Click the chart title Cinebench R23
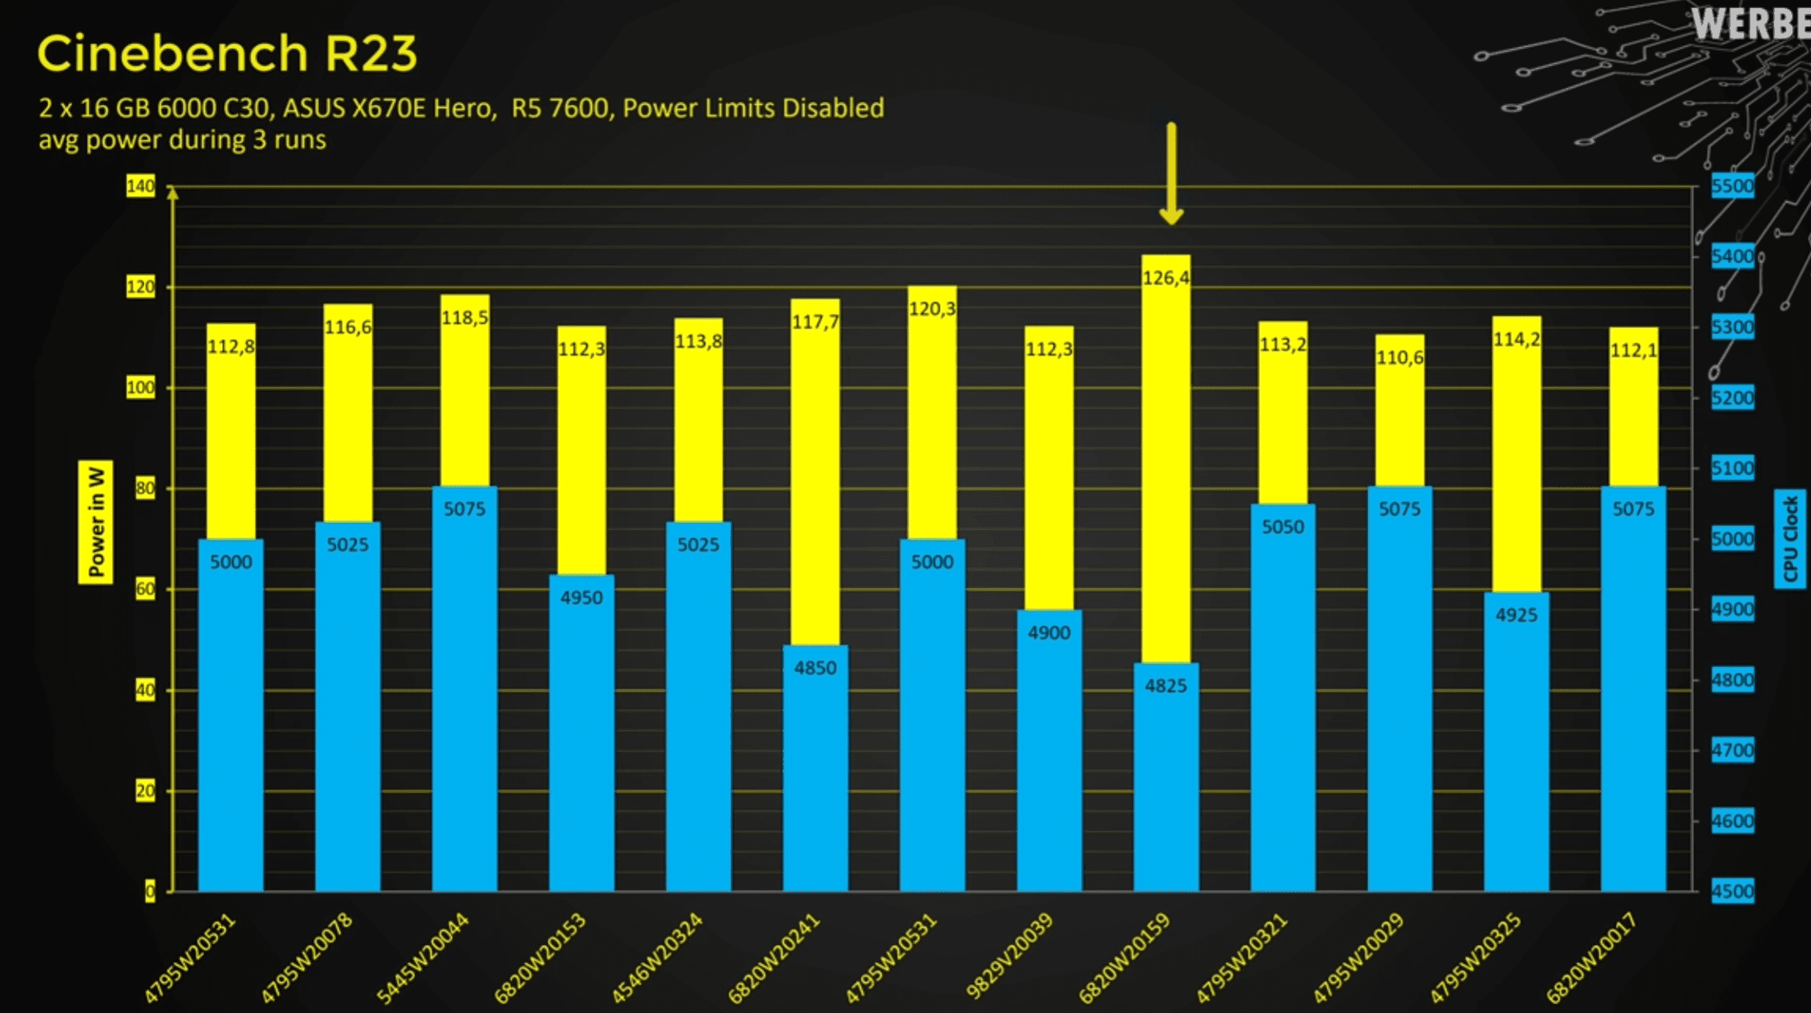pyautogui.click(x=227, y=54)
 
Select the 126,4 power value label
pyautogui.click(x=1166, y=278)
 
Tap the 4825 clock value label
pyautogui.click(x=1166, y=686)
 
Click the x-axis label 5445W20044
pyautogui.click(x=423, y=958)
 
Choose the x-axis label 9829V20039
pyautogui.click(x=1009, y=958)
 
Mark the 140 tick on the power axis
pyautogui.click(x=140, y=186)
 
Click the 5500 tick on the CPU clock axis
pyautogui.click(x=1732, y=186)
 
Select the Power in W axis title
pyautogui.click(x=96, y=522)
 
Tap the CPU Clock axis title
pyautogui.click(x=1790, y=538)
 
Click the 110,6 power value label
pyautogui.click(x=1399, y=358)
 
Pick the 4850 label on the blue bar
pyautogui.click(x=815, y=668)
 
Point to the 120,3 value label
pyautogui.click(x=932, y=309)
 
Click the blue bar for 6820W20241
pyautogui.click(x=815, y=779)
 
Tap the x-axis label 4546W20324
pyautogui.click(x=657, y=958)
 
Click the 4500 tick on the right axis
pyautogui.click(x=1732, y=891)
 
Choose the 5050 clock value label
pyautogui.click(x=1283, y=527)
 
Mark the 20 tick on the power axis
pyautogui.click(x=145, y=791)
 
